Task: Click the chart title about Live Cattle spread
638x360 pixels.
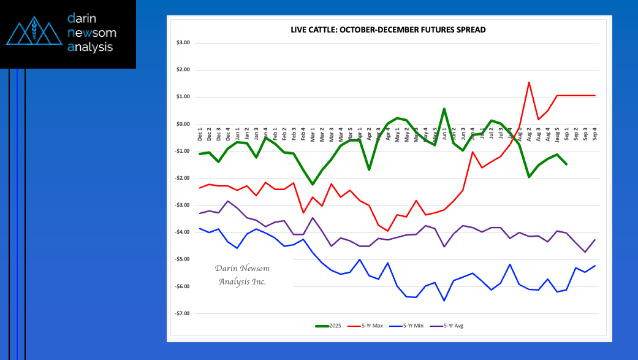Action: coord(388,29)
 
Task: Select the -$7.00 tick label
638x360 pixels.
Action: coord(183,313)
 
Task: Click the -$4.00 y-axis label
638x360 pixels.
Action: coord(183,232)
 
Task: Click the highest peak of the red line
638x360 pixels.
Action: coord(528,82)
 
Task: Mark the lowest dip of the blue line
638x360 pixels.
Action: coord(444,301)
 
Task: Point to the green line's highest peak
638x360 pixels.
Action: coord(444,109)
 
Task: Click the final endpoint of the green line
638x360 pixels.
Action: coord(566,164)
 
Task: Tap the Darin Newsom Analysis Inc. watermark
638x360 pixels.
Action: coord(242,275)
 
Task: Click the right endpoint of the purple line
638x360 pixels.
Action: coord(594,240)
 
